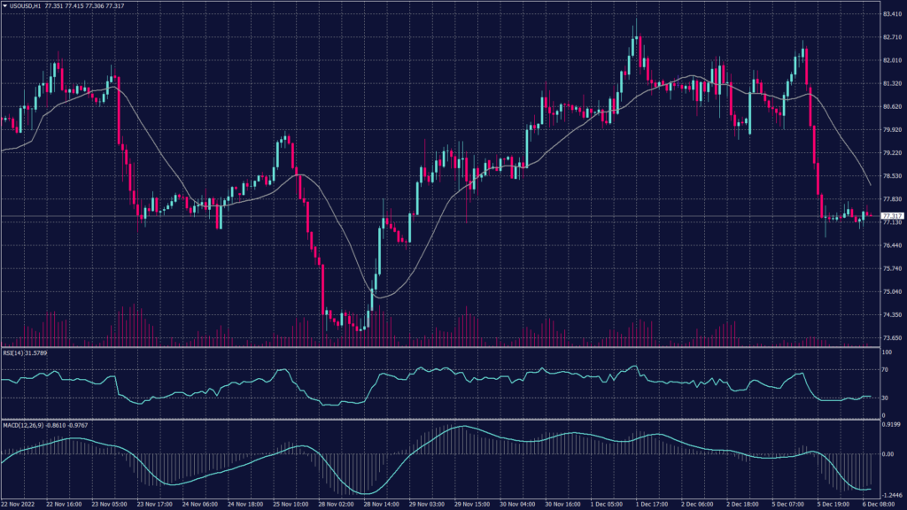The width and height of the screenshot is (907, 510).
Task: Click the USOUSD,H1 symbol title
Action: pos(32,5)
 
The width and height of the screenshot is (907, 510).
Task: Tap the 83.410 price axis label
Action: pos(892,14)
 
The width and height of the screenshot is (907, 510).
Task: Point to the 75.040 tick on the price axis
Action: pos(892,291)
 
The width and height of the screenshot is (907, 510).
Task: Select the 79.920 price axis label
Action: pos(892,130)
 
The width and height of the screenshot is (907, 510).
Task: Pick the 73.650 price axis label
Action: pos(892,337)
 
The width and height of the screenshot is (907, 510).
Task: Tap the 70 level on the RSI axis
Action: pos(886,370)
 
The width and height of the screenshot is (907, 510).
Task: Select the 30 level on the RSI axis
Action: pos(886,398)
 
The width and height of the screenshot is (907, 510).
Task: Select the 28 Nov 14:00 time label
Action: pos(381,503)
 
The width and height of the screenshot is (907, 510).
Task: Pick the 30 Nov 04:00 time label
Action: pos(516,503)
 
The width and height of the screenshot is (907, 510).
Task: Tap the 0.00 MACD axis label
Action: pos(888,453)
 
